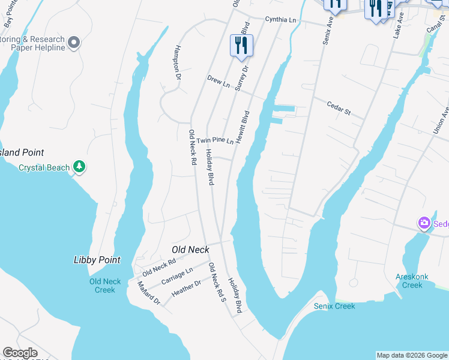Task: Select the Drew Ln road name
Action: [x=218, y=80]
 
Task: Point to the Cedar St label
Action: [x=338, y=109]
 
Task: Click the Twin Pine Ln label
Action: [x=215, y=140]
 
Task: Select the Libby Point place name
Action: [x=97, y=260]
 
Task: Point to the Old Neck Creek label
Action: [x=105, y=286]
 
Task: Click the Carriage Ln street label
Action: [x=177, y=277]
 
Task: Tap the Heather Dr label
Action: [x=186, y=288]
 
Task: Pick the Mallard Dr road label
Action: [x=149, y=293]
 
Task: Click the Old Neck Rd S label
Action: [x=216, y=281]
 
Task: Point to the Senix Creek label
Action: [x=334, y=306]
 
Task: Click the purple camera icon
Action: [x=424, y=223]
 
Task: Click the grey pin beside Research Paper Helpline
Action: [x=74, y=42]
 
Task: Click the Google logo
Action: [x=20, y=353]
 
